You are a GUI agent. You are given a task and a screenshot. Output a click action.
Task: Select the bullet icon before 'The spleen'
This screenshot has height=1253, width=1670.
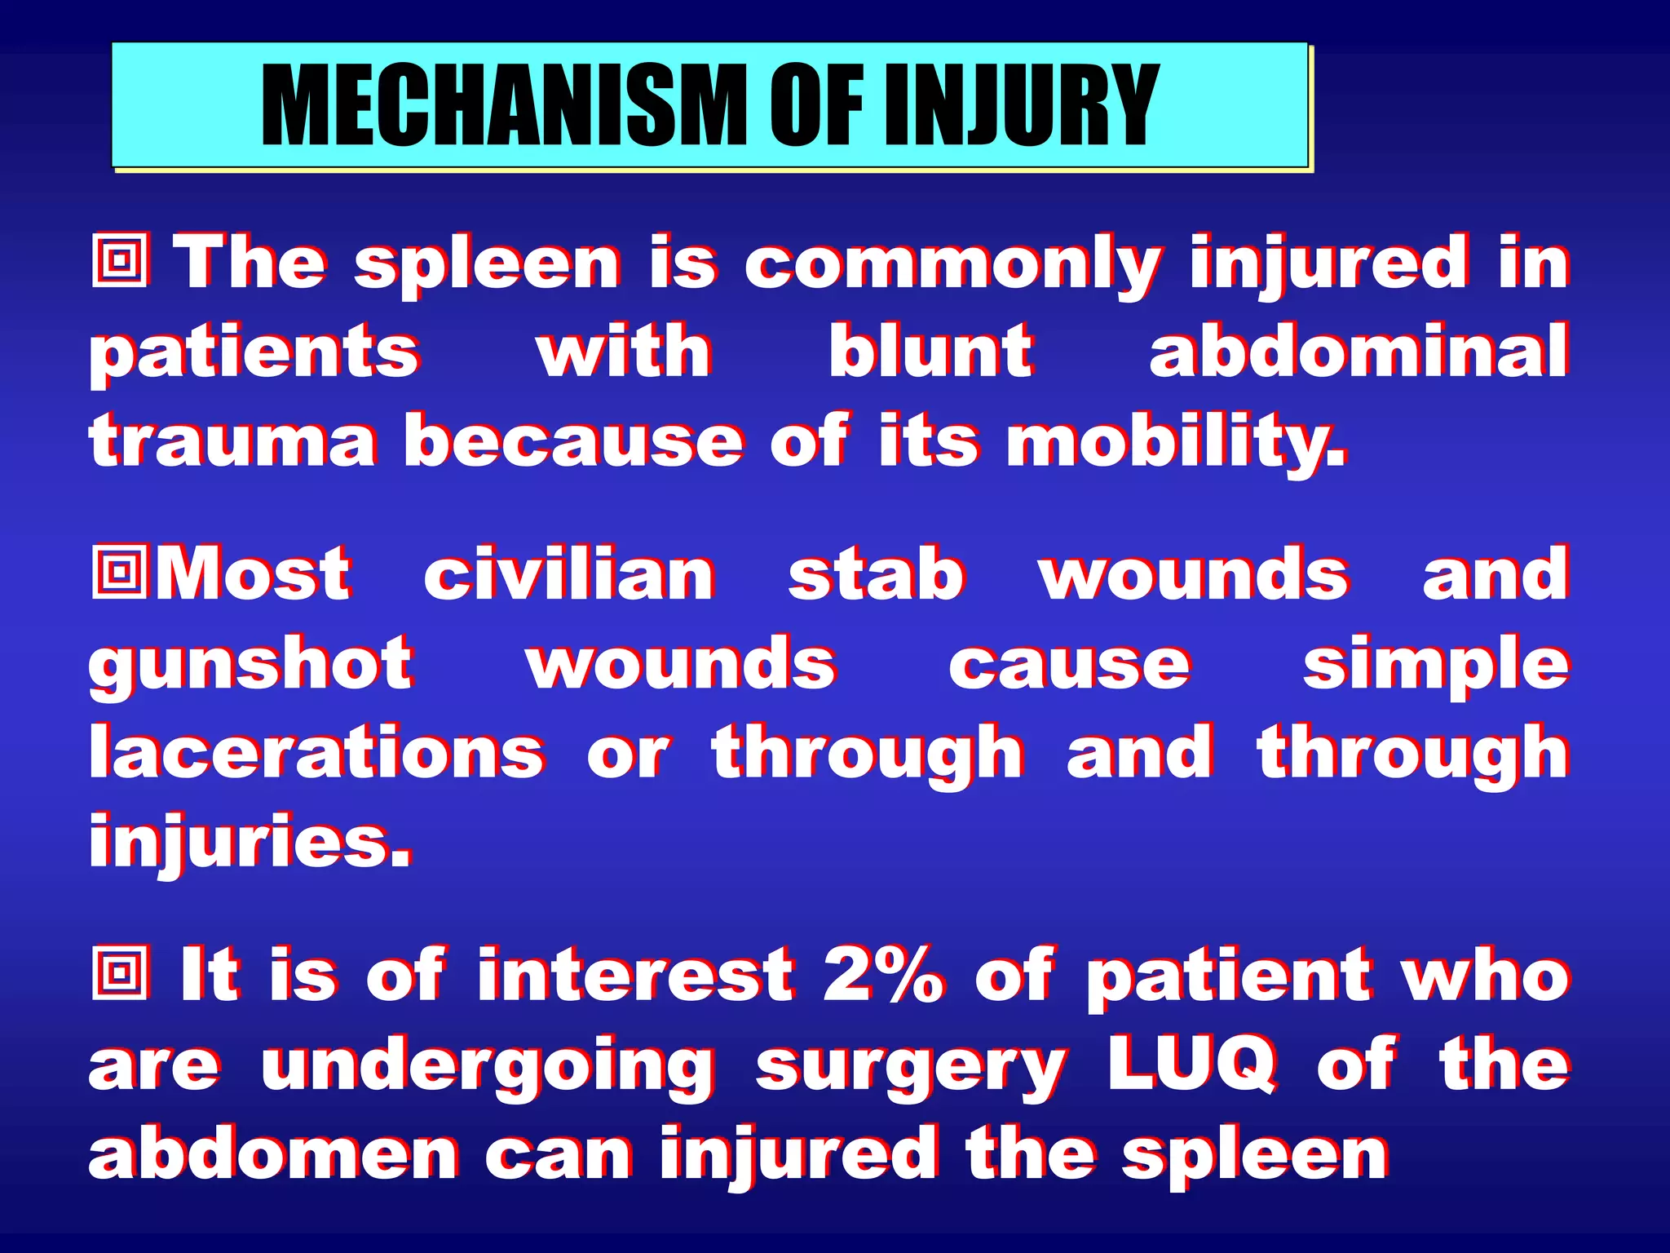(x=121, y=261)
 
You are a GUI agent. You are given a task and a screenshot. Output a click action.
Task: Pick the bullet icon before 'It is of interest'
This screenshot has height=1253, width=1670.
(x=121, y=972)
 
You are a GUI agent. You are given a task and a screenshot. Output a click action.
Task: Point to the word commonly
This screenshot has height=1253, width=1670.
(x=952, y=264)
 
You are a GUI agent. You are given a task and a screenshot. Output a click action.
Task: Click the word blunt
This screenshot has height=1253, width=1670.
(x=931, y=352)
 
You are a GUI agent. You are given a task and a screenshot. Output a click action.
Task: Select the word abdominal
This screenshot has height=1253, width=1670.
(x=1359, y=352)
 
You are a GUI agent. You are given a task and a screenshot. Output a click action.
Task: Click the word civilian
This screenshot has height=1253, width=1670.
(x=569, y=575)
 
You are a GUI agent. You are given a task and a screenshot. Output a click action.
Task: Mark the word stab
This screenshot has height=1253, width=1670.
(x=877, y=575)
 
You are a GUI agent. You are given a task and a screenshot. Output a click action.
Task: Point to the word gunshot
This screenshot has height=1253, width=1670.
(x=250, y=666)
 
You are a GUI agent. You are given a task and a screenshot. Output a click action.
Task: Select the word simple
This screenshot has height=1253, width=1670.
(x=1435, y=666)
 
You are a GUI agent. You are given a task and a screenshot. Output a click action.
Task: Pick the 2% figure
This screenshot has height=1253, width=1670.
(x=885, y=974)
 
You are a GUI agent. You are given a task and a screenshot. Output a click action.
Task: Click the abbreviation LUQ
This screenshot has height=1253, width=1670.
(x=1192, y=1064)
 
